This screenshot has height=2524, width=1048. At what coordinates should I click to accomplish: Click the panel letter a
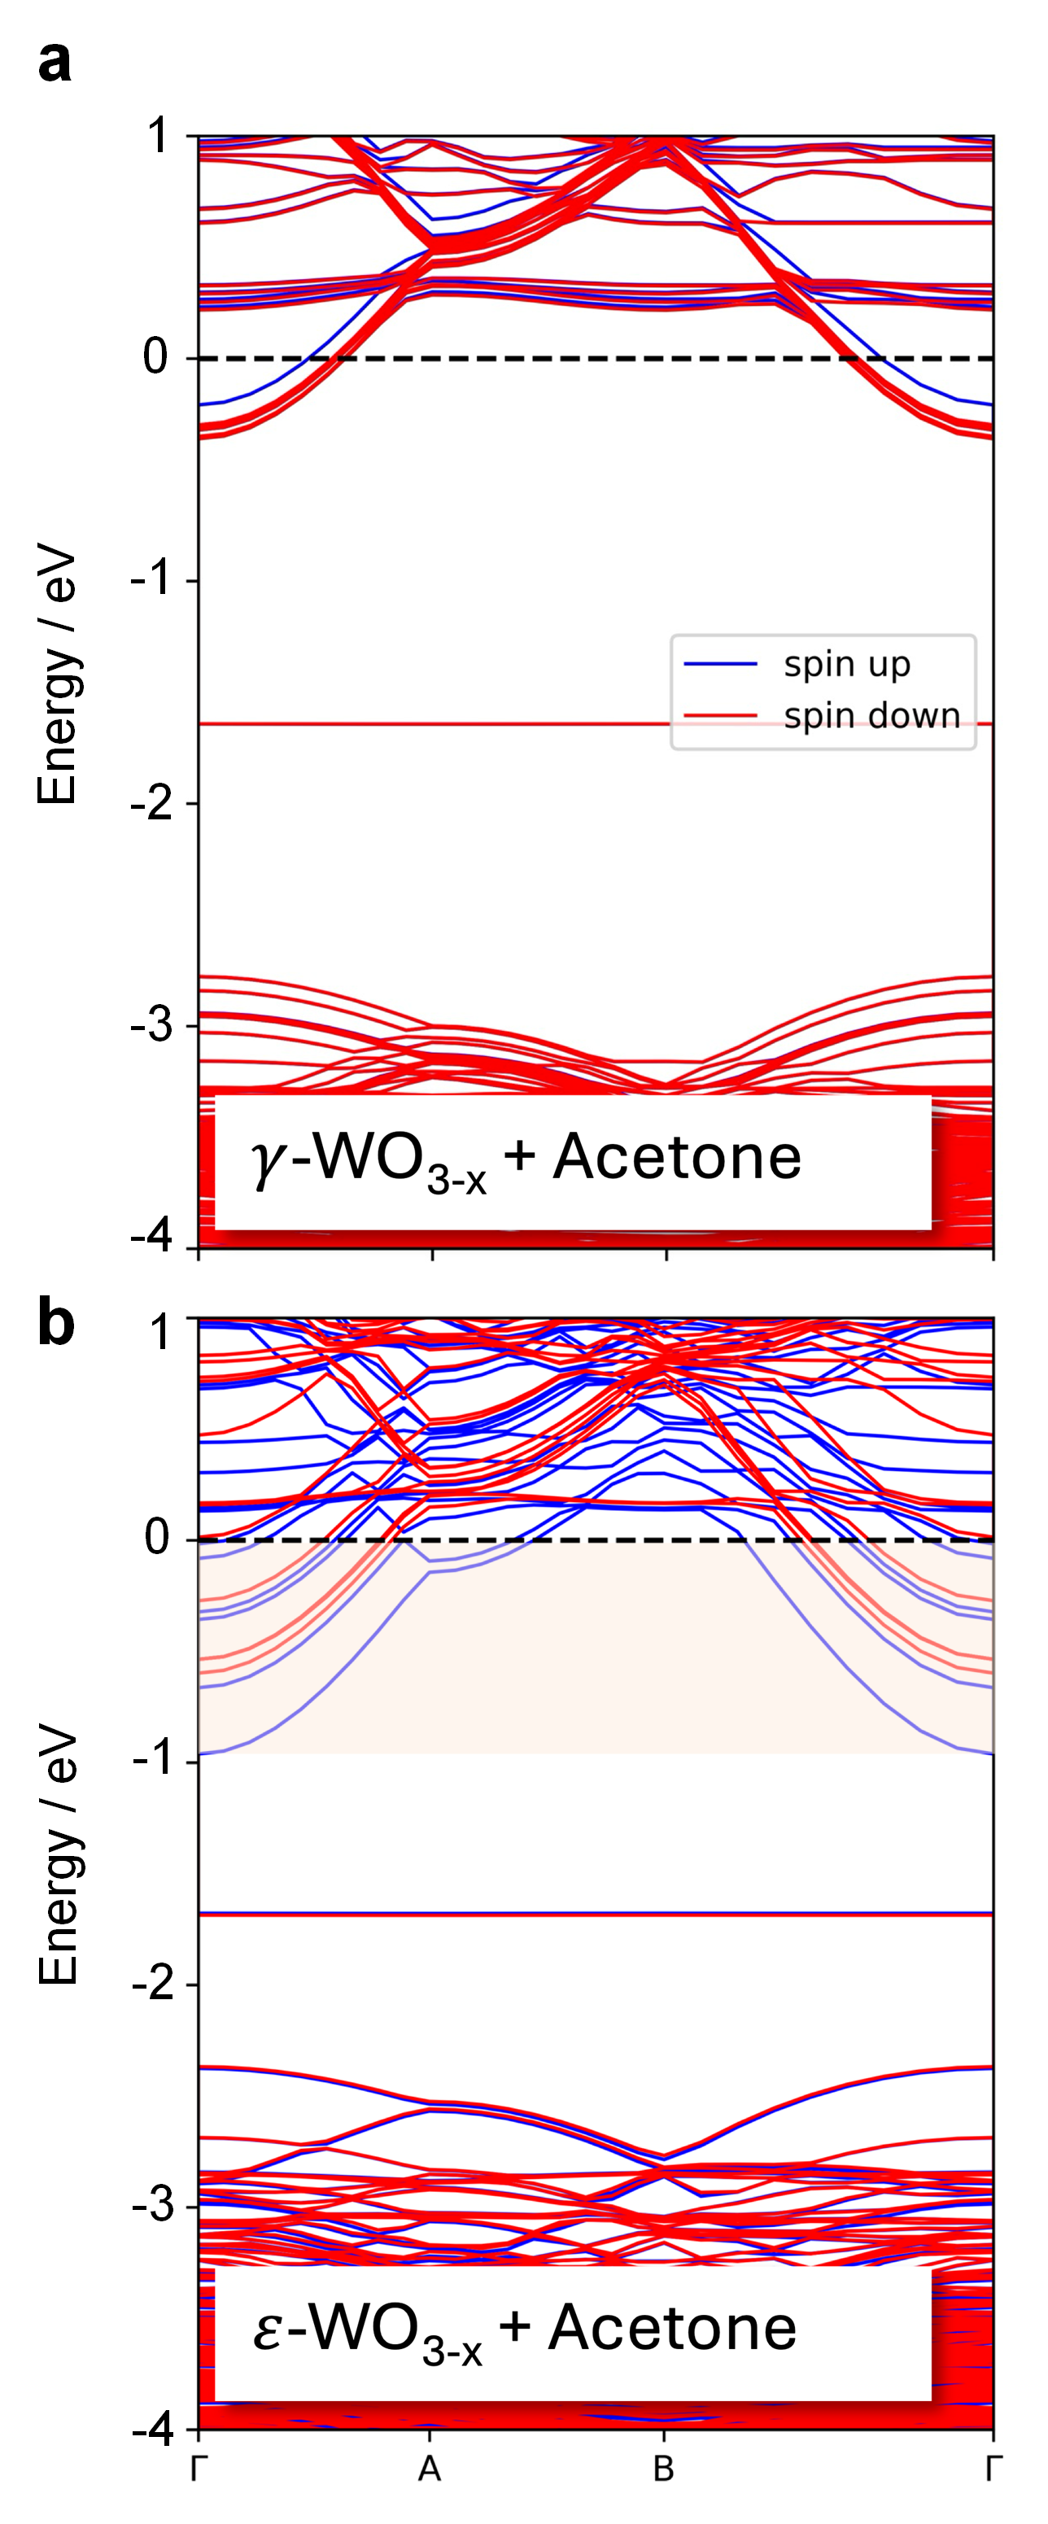pyautogui.click(x=55, y=62)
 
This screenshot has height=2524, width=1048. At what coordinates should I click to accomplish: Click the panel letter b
pyautogui.click(x=56, y=1323)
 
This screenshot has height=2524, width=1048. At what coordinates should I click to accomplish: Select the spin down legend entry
pyautogui.click(x=871, y=716)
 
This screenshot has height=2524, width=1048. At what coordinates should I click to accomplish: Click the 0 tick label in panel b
pyautogui.click(x=157, y=1539)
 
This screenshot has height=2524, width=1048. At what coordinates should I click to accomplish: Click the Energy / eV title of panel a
pyautogui.click(x=57, y=678)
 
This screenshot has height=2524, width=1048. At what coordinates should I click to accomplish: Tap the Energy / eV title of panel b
pyautogui.click(x=57, y=1858)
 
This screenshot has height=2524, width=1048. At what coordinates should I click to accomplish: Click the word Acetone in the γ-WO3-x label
pyautogui.click(x=677, y=1157)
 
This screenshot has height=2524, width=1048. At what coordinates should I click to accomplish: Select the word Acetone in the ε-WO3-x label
pyautogui.click(x=672, y=2328)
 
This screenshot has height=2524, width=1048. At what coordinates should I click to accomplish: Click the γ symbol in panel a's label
pyautogui.click(x=265, y=1162)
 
